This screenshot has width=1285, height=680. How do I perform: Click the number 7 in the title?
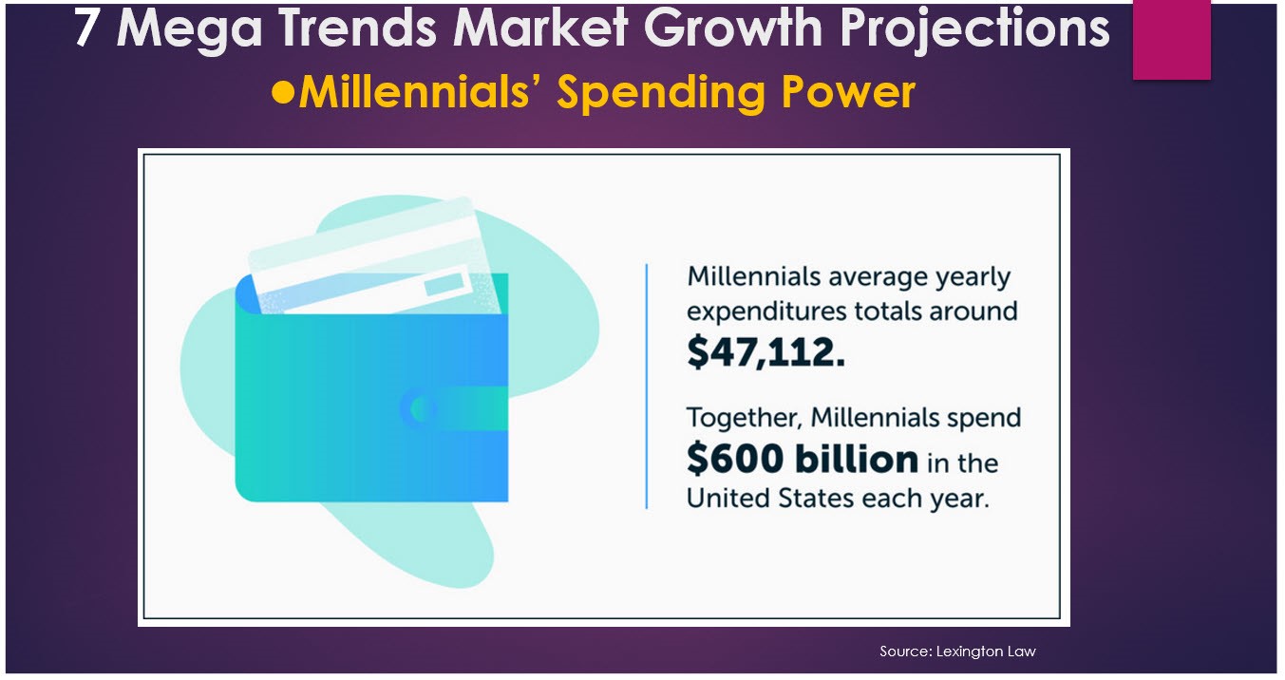tap(86, 28)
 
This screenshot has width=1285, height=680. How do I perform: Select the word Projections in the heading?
tap(974, 29)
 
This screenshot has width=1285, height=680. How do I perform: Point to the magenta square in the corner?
tap(1171, 39)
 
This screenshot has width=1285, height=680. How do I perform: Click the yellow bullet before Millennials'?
tap(283, 93)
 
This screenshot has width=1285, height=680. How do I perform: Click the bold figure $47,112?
tap(765, 351)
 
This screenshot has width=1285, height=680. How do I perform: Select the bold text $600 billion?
tap(802, 460)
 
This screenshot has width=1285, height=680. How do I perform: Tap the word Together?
tap(744, 418)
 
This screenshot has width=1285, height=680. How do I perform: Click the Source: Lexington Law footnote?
tap(957, 652)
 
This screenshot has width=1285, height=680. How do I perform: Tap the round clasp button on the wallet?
tap(417, 408)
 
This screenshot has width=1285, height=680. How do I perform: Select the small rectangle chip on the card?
tap(444, 284)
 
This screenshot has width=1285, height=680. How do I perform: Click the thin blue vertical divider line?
tap(647, 387)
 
